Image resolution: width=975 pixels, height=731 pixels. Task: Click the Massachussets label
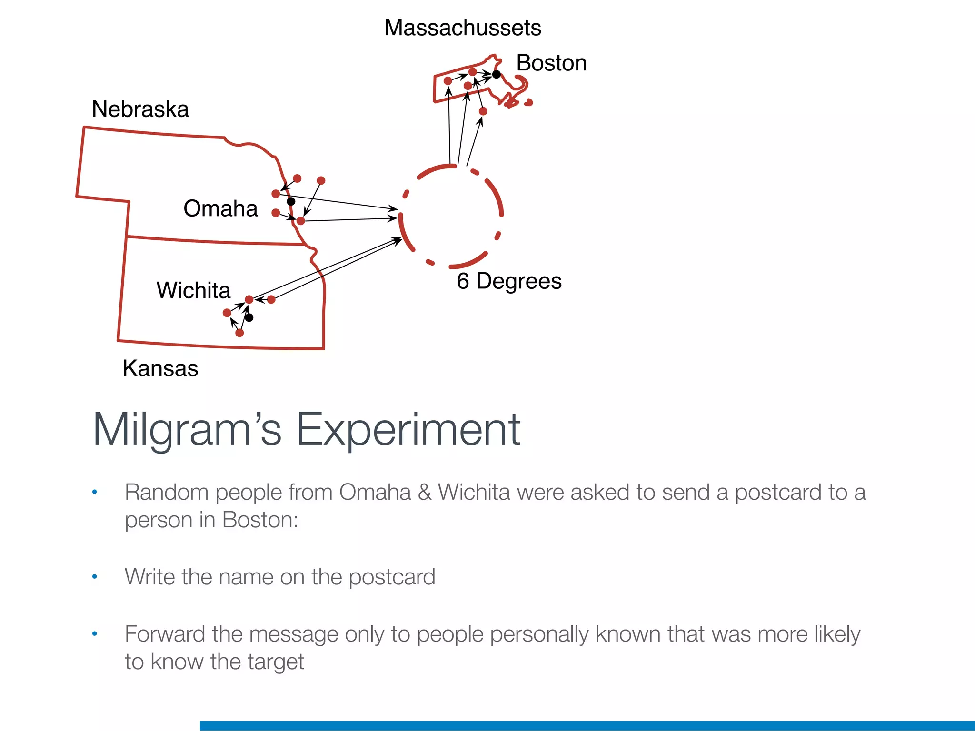click(x=462, y=28)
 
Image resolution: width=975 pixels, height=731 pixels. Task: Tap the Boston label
click(x=551, y=63)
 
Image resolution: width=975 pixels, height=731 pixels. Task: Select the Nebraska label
click(x=140, y=109)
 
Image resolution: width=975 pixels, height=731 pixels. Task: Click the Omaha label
click(x=220, y=208)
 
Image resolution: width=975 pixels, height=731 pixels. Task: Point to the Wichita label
click(x=193, y=290)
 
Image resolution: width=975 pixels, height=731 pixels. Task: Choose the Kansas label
click(x=160, y=368)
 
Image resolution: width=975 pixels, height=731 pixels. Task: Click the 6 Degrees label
click(x=509, y=281)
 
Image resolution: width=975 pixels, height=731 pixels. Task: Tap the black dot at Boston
click(x=496, y=74)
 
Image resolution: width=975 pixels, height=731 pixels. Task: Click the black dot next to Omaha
click(x=291, y=201)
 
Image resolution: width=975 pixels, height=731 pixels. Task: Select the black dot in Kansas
click(x=249, y=317)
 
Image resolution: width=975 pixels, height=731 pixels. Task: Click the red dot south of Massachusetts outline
click(x=483, y=111)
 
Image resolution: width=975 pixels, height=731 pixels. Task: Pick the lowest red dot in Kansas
click(x=239, y=333)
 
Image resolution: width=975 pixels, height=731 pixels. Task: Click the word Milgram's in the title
click(x=187, y=429)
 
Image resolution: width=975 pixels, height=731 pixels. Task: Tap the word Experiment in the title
click(x=408, y=429)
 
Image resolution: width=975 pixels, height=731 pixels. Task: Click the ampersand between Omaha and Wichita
click(x=424, y=492)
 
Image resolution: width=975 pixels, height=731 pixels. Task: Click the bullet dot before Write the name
click(x=95, y=577)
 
